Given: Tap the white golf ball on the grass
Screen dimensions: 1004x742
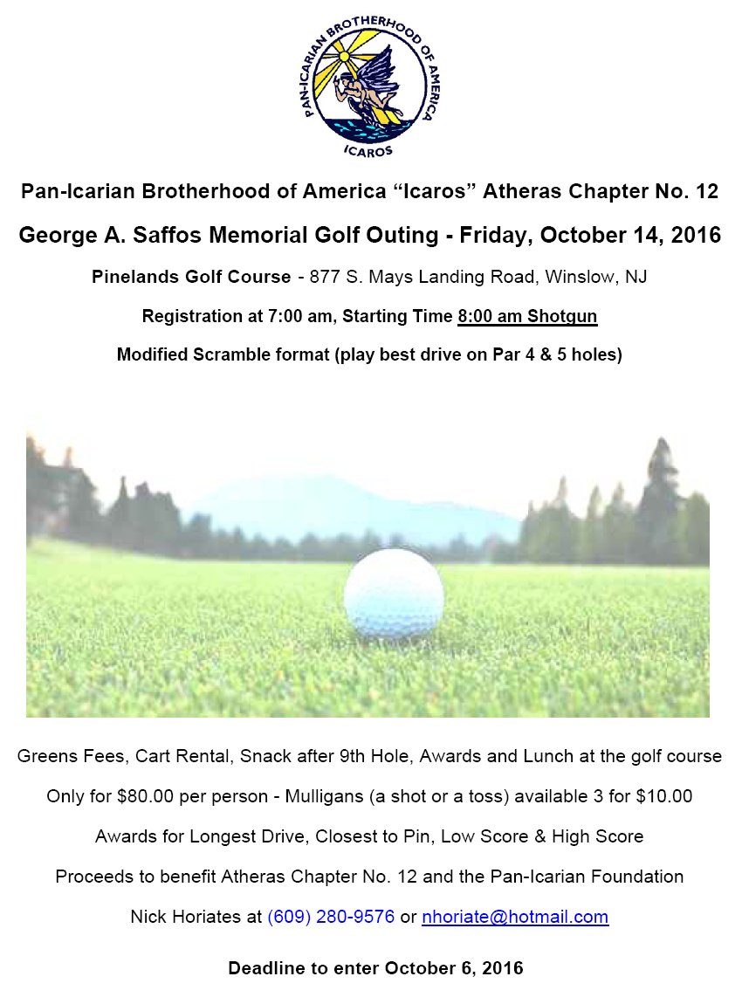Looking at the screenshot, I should coord(394,595).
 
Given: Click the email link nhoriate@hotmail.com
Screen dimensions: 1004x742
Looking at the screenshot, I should coord(515,917).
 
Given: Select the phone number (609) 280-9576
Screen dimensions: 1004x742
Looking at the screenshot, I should coord(331,917).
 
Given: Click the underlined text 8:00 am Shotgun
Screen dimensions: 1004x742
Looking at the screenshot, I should coord(527,315).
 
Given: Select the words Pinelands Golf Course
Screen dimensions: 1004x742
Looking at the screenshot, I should coord(191,277).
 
